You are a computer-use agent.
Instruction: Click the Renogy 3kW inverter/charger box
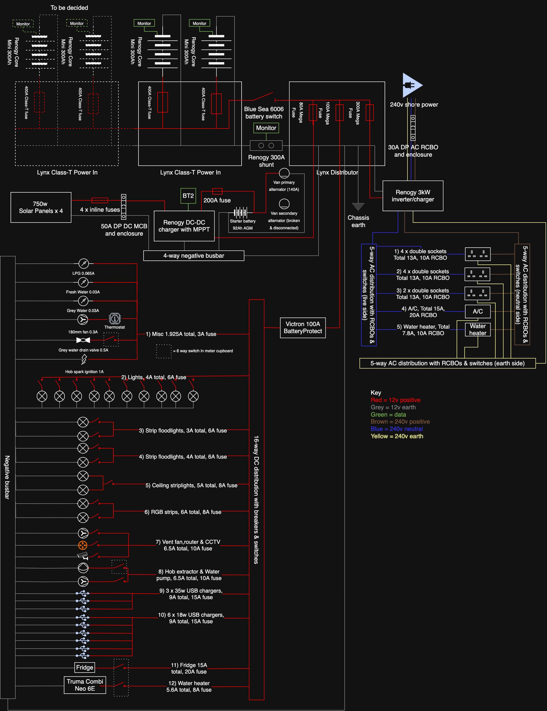click(413, 196)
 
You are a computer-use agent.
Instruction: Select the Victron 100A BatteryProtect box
click(303, 327)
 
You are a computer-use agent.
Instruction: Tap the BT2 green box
click(188, 196)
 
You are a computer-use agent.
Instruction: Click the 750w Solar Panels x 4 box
click(41, 207)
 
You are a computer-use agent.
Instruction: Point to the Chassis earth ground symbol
click(358, 206)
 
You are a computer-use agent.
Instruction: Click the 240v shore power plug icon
click(411, 85)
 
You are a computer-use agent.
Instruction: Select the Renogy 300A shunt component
click(266, 146)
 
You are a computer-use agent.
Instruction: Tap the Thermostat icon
click(115, 318)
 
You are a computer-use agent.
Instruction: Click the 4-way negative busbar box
click(194, 256)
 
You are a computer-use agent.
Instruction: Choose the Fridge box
click(85, 667)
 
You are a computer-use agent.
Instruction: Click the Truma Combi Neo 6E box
click(85, 685)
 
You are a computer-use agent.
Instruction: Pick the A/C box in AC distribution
click(477, 311)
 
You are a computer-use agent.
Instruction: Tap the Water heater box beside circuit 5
click(477, 329)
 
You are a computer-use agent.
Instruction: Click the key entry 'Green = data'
click(388, 414)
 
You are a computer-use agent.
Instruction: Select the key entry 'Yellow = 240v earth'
click(397, 436)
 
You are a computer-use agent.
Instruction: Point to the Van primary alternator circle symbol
click(284, 173)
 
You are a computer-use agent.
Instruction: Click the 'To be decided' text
click(69, 7)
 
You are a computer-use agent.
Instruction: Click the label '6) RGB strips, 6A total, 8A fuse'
click(183, 512)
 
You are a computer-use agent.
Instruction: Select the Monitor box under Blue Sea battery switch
click(266, 128)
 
